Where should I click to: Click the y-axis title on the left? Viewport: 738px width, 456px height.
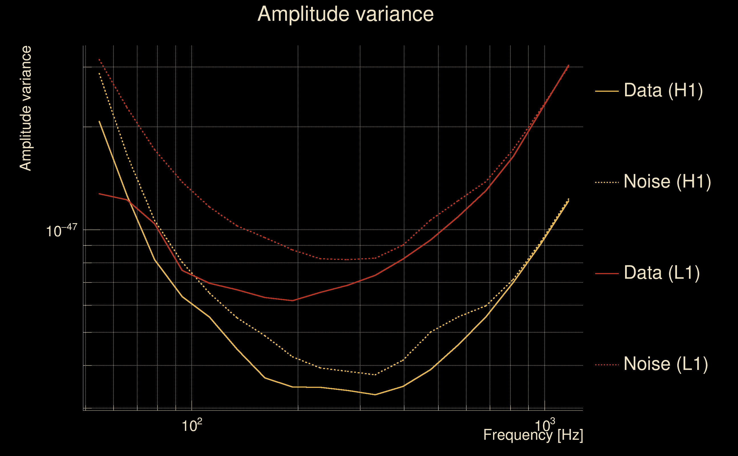coord(25,109)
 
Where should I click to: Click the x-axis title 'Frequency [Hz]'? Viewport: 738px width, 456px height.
coord(533,435)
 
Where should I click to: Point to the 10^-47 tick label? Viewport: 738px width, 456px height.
coord(62,231)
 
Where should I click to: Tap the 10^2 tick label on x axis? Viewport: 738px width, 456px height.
coord(192,426)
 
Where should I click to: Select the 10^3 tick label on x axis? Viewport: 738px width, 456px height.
coord(545,426)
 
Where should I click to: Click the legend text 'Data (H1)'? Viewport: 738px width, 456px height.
coord(663,90)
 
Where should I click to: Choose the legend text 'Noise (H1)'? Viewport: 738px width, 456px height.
coord(667,182)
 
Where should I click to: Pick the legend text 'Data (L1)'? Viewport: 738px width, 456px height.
coord(661,273)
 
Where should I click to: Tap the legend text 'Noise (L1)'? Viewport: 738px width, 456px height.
coord(666,364)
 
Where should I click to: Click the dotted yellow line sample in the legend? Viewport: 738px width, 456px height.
coord(607,182)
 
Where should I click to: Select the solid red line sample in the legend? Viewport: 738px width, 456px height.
coord(607,274)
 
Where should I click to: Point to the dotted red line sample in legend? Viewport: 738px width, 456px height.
coord(607,365)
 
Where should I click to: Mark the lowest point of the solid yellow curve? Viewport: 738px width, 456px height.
coord(375,394)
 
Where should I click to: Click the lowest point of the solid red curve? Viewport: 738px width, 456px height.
coord(292,301)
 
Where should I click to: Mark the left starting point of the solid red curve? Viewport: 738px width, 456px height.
coord(99,194)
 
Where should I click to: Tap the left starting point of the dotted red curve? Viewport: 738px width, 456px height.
coord(99,59)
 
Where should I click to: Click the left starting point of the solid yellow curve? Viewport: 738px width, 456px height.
coord(99,121)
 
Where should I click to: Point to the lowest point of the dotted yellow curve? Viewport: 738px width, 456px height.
coord(375,374)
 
